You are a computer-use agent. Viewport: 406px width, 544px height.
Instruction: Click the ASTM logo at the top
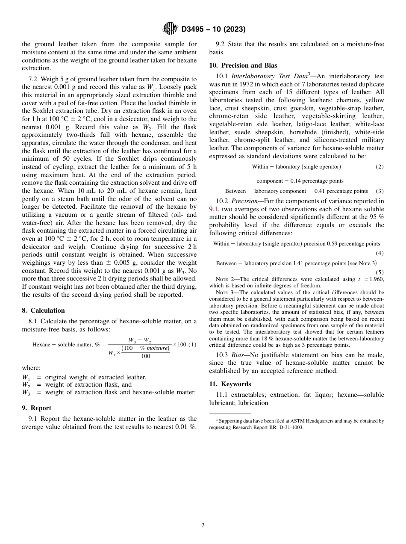(170, 29)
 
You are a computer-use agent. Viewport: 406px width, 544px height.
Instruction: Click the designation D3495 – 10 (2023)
(213, 30)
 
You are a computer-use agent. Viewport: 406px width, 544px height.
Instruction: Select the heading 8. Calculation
(43, 310)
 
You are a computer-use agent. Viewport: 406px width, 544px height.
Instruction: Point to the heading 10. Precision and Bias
(243, 65)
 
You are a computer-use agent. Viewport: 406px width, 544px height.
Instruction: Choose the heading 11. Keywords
(230, 384)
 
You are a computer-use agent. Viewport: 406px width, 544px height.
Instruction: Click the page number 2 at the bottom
(203, 526)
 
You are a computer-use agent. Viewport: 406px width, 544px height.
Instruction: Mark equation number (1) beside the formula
(192, 345)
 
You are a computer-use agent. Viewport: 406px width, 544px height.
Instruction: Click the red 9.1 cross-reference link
(214, 209)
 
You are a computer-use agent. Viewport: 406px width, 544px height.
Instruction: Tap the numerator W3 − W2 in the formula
(140, 340)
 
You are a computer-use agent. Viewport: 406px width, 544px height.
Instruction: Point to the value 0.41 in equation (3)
(321, 191)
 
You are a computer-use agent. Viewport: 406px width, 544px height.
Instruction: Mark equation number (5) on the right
(380, 272)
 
